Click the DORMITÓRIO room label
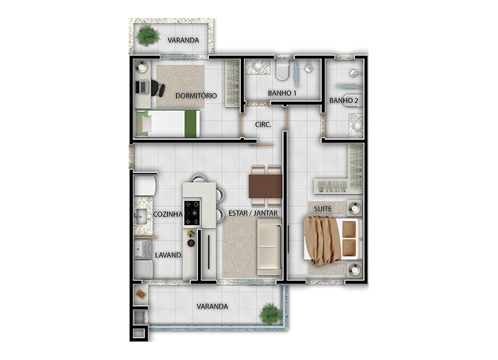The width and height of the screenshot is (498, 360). (196, 96)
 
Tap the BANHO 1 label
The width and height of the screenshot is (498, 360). (282, 93)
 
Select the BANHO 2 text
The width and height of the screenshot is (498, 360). (344, 100)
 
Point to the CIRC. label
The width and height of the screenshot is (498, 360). (264, 125)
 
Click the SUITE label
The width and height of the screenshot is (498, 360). (323, 209)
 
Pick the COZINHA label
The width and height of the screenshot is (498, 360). (167, 215)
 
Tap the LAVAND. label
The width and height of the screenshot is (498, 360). (169, 255)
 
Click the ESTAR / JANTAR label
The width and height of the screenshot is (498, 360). (253, 213)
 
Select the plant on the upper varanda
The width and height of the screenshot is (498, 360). (148, 35)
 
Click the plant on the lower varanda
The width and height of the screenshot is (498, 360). (270, 314)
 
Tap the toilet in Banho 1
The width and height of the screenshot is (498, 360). (282, 70)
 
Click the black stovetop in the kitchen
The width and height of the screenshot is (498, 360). (192, 213)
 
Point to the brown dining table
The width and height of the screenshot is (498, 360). (266, 186)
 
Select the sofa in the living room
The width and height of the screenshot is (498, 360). (269, 246)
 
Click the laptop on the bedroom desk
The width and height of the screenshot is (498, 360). (142, 87)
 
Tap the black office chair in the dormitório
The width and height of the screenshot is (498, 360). (158, 88)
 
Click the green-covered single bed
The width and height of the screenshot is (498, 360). (167, 123)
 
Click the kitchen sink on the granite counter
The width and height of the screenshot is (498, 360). (141, 217)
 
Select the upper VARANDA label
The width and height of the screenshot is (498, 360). (183, 40)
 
